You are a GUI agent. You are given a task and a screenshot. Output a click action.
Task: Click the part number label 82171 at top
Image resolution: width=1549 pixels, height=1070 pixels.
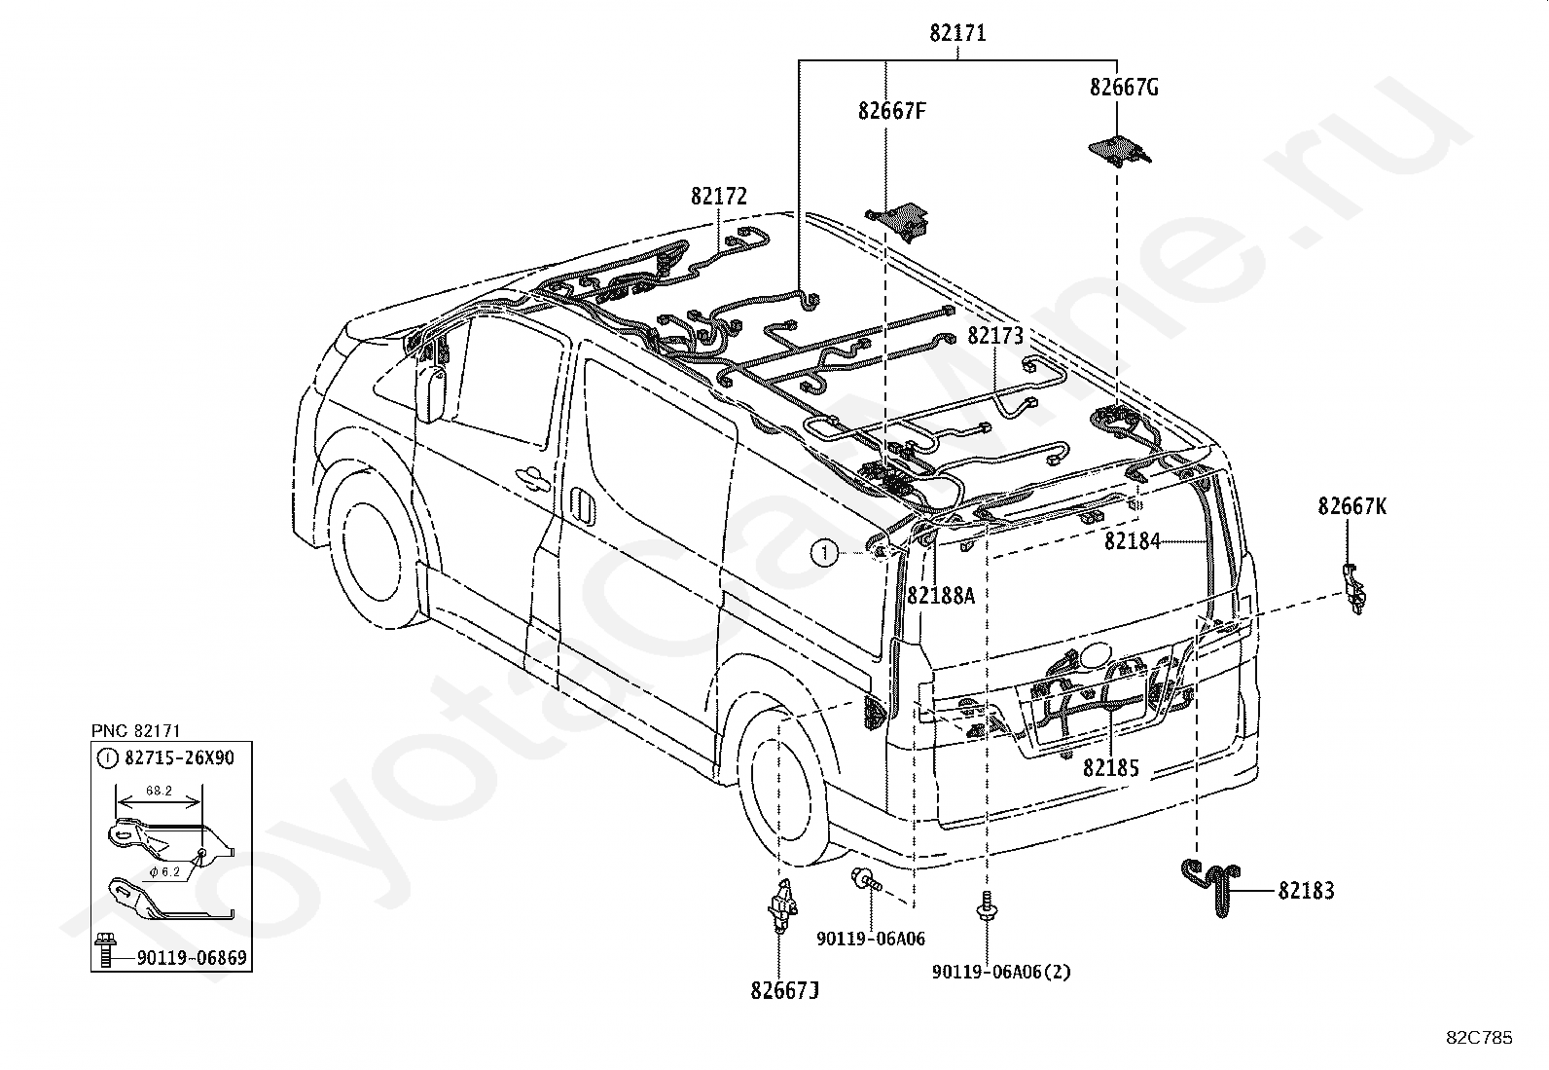click(957, 33)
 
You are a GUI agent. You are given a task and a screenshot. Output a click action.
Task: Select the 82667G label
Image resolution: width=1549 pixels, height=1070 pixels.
click(1124, 88)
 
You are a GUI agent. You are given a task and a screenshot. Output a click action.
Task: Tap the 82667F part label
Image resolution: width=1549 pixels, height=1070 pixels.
click(891, 111)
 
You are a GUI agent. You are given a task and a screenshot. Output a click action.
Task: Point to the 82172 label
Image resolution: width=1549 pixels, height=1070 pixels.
click(718, 197)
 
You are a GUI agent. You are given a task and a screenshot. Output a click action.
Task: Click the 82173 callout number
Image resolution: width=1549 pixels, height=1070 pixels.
click(994, 336)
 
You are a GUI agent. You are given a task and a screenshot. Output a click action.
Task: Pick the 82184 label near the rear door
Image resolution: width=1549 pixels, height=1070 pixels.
click(1132, 541)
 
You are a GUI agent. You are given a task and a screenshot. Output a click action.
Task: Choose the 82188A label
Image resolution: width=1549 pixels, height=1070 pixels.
click(941, 595)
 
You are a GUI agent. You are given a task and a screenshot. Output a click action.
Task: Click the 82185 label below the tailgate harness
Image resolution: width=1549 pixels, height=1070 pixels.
click(1110, 767)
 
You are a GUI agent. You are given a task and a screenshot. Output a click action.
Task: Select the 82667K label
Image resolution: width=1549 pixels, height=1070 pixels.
click(1351, 506)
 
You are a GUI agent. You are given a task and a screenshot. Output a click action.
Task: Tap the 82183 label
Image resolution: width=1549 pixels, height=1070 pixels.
click(1306, 891)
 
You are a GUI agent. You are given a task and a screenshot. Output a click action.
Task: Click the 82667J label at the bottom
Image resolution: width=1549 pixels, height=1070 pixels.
click(784, 991)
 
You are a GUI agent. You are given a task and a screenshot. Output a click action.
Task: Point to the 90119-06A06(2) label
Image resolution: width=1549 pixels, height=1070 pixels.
click(1001, 973)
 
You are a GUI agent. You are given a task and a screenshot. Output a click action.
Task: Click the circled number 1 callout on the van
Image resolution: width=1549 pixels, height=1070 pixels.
click(824, 553)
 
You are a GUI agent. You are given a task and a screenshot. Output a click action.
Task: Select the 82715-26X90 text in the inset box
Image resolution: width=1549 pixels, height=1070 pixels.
click(179, 757)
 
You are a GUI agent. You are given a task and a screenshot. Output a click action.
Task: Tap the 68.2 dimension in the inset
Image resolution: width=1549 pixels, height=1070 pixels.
click(159, 791)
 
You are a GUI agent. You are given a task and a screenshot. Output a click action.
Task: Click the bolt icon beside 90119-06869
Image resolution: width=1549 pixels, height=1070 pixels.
click(106, 949)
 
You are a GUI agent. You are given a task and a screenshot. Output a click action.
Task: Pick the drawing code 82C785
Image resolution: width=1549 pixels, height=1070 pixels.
click(1479, 1038)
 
